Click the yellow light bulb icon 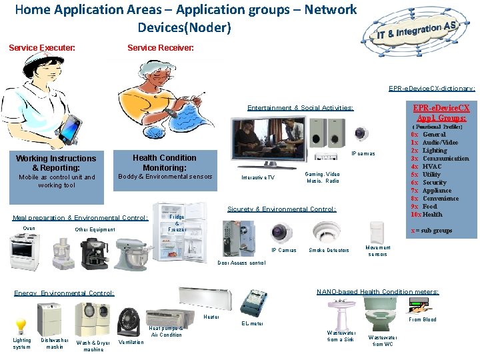coord(21,326)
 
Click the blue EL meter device coord(254,303)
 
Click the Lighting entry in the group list coord(435,151)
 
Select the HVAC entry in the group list coord(434,167)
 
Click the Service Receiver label coord(161,48)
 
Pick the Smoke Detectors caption coord(329,251)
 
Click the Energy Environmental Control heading coord(64,293)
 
